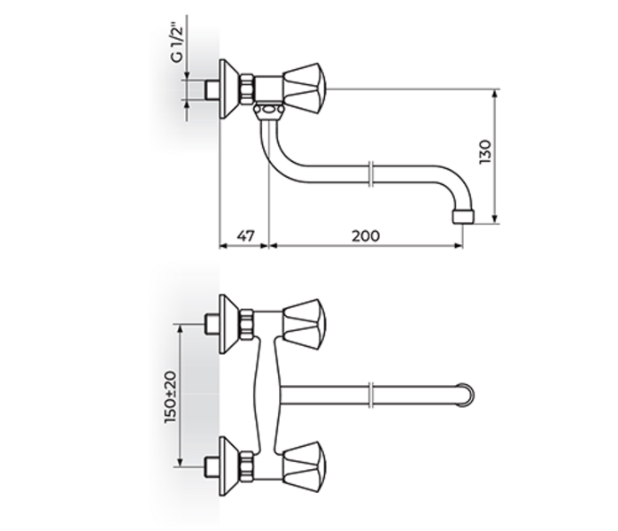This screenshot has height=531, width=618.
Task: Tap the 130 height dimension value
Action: (485, 152)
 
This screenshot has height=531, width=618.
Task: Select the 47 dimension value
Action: (246, 235)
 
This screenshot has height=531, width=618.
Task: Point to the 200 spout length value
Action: (366, 235)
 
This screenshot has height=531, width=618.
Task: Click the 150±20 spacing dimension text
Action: (171, 396)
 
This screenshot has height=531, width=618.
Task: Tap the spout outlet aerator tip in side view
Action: (463, 217)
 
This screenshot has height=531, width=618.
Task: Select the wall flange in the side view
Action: (228, 89)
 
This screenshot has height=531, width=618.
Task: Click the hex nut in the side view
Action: (248, 89)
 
